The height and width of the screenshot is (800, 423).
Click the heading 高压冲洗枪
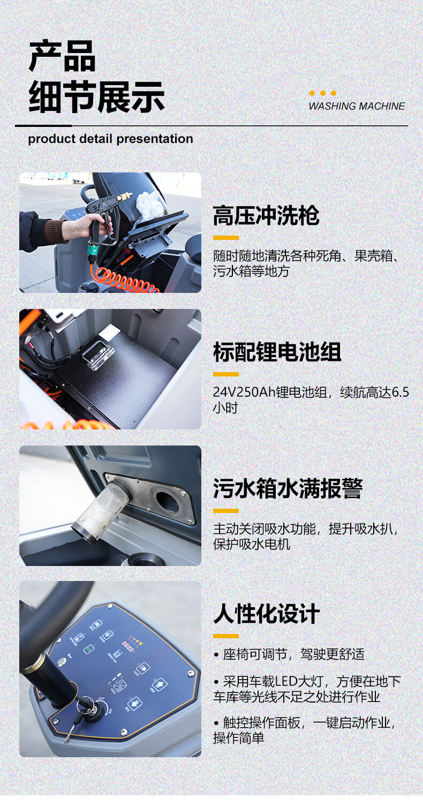click(x=266, y=216)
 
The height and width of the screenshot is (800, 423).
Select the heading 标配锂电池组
click(x=277, y=352)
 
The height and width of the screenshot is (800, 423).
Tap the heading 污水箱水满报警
click(x=288, y=488)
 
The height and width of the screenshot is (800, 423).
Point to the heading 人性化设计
click(x=266, y=614)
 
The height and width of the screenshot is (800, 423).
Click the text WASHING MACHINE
click(x=357, y=106)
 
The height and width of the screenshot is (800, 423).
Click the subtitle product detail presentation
click(x=110, y=139)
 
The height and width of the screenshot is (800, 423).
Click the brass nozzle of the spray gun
click(x=125, y=197)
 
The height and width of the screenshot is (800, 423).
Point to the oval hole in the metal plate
click(x=167, y=502)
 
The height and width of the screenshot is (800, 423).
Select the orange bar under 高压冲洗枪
click(x=225, y=238)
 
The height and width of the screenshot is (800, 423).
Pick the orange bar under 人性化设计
click(x=225, y=636)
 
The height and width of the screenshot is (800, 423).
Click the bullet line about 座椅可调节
click(x=289, y=654)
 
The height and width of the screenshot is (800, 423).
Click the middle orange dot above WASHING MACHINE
click(x=323, y=93)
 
